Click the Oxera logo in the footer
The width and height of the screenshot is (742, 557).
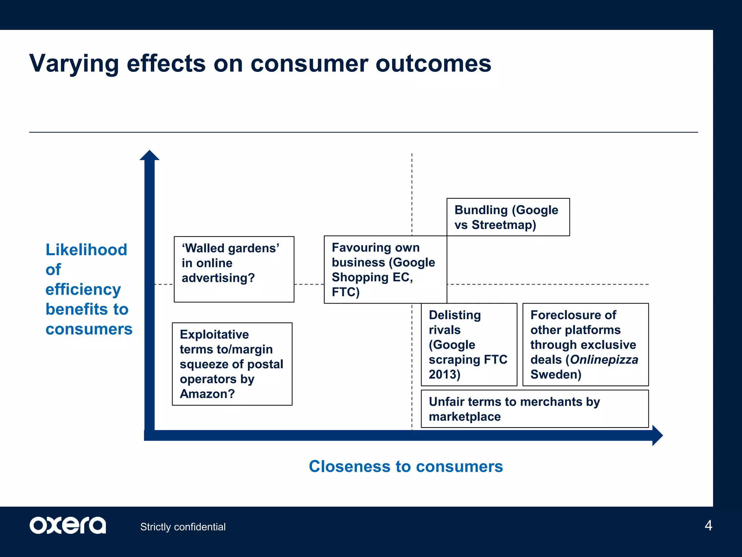tap(68, 525)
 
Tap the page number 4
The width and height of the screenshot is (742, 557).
tap(708, 525)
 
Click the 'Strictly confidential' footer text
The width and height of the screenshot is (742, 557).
tap(183, 527)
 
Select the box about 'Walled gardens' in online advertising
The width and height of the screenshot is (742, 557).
tap(234, 269)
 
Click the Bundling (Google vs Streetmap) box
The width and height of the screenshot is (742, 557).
tap(508, 217)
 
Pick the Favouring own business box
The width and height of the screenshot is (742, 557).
tap(385, 269)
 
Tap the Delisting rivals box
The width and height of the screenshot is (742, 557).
tap(469, 344)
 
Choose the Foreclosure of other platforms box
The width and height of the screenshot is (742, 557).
tap(585, 344)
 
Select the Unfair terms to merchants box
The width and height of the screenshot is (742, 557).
tap(534, 409)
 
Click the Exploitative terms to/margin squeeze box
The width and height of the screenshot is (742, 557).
tap(232, 364)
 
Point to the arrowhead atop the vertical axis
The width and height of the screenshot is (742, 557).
tap(149, 156)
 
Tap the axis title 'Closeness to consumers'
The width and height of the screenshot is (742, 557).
tap(406, 466)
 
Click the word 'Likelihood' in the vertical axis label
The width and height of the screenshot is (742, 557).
tap(86, 250)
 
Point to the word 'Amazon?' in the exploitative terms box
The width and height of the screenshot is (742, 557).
tap(207, 394)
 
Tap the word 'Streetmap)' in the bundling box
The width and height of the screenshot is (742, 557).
tap(504, 225)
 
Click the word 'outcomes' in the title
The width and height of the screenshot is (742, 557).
tap(433, 64)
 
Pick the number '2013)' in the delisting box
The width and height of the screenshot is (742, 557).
tap(444, 374)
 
